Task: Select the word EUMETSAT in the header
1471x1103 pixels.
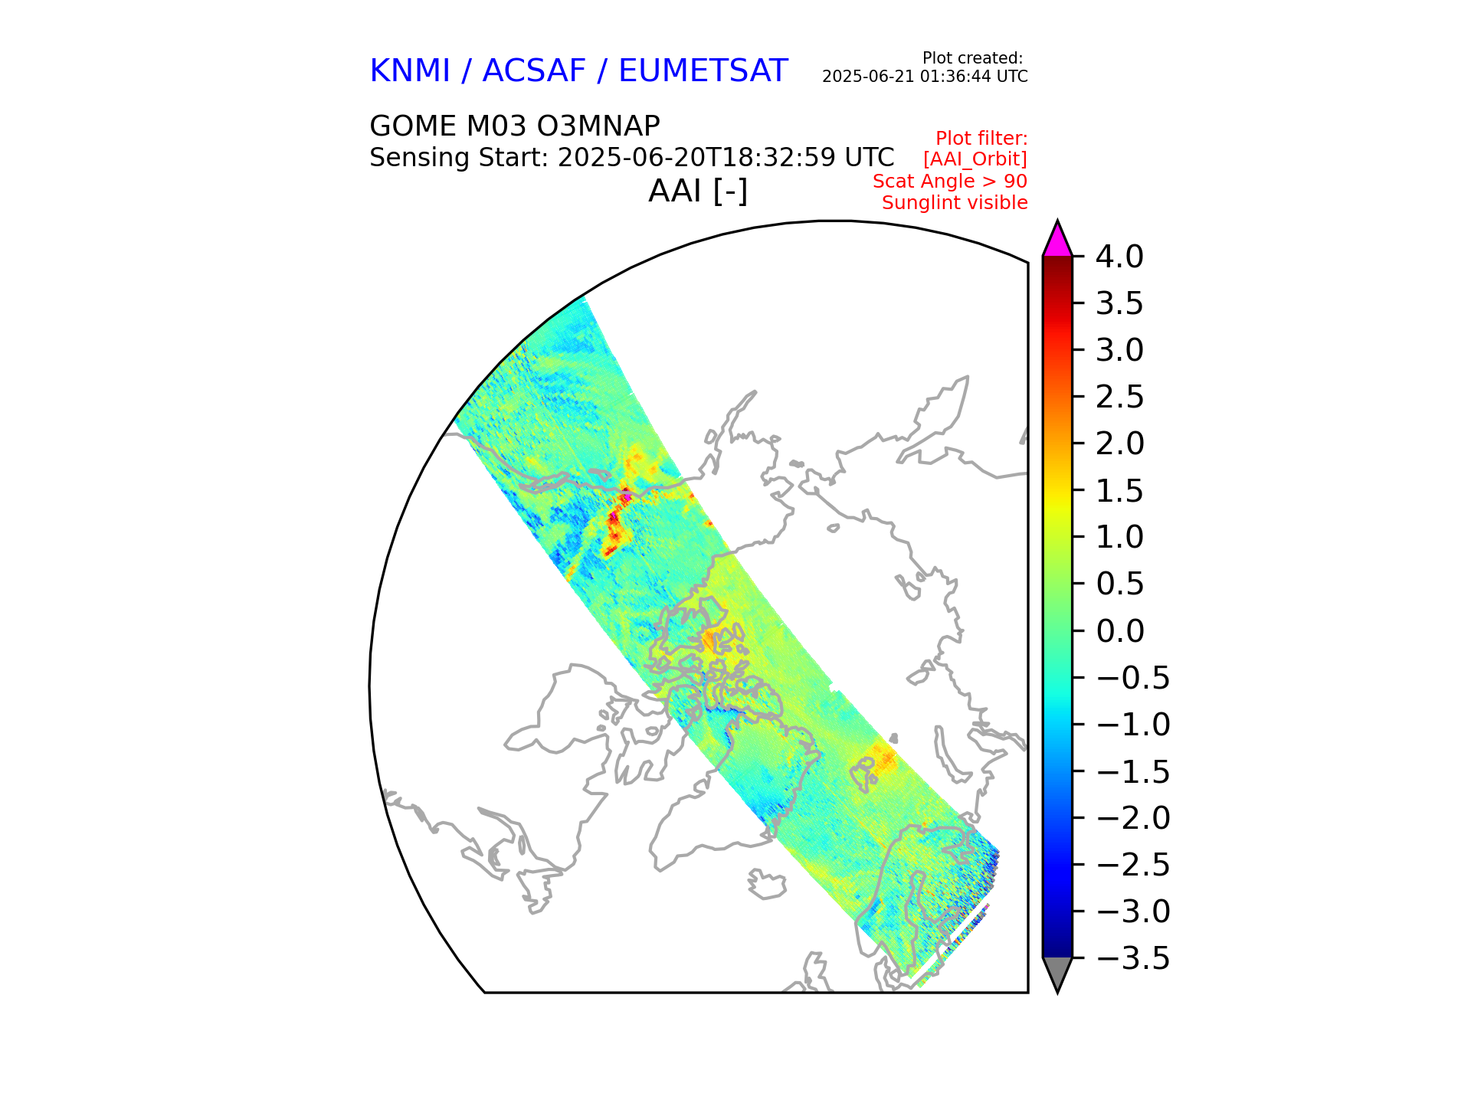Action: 703,71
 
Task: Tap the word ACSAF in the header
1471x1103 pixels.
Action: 534,71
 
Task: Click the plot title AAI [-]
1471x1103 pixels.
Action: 698,191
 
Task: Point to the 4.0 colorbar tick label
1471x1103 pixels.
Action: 1119,257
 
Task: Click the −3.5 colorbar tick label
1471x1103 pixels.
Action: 1133,958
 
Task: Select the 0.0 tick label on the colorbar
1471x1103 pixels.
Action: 1119,632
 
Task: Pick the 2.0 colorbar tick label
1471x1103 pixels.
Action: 1119,444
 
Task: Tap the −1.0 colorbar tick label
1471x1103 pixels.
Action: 1133,725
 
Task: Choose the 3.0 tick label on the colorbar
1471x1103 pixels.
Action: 1119,351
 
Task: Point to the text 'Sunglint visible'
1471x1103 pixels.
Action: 955,203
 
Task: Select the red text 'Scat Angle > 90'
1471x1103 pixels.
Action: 950,182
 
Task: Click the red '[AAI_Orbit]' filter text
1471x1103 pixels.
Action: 975,159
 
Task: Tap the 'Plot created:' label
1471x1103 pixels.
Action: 972,58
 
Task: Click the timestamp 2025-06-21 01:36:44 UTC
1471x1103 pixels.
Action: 925,77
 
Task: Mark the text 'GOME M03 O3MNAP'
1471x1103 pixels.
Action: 514,126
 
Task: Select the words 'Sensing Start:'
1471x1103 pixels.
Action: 458,158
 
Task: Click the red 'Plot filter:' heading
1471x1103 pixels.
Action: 981,139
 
